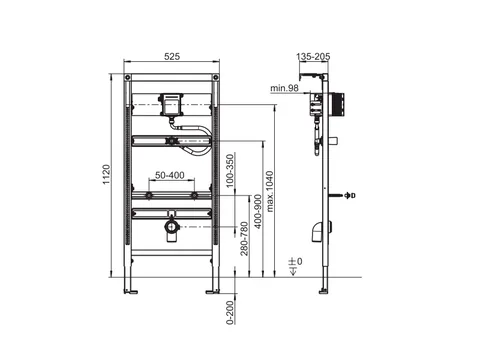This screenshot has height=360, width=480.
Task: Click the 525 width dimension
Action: click(x=172, y=57)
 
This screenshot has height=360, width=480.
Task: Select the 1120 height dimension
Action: click(x=106, y=175)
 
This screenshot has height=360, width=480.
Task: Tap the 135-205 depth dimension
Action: click(x=313, y=57)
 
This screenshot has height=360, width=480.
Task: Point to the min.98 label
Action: click(x=284, y=88)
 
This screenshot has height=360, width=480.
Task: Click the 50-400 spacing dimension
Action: click(x=170, y=175)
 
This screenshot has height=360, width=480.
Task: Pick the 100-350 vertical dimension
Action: click(x=230, y=171)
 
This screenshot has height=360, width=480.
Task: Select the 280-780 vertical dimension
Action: click(x=244, y=239)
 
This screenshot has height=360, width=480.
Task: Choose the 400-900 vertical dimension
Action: click(x=258, y=212)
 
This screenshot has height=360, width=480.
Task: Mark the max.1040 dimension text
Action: click(x=270, y=191)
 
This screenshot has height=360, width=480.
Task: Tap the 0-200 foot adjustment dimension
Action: click(x=230, y=312)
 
